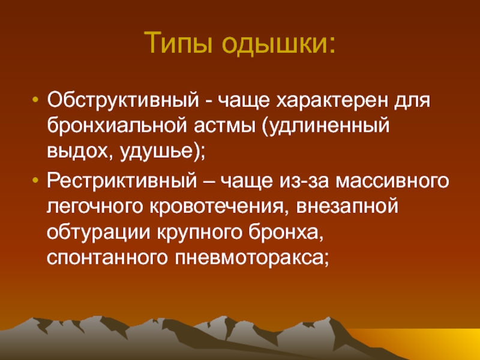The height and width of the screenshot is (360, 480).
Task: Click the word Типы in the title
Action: point(178,43)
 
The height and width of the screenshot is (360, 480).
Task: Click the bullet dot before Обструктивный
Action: point(35,100)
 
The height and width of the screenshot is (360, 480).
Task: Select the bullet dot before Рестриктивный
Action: point(35,181)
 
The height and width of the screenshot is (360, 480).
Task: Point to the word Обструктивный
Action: point(123,100)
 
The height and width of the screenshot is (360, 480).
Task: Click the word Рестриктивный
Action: point(122,181)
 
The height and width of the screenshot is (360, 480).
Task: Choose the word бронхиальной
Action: point(116,125)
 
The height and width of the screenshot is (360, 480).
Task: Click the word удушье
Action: point(159,152)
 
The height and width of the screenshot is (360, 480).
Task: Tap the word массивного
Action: point(392,182)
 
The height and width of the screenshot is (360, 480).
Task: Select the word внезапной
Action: point(347,207)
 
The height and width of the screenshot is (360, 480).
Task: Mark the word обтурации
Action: point(99,233)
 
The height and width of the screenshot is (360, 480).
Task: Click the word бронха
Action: point(286,233)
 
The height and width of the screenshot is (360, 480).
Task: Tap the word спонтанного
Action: point(107,258)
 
